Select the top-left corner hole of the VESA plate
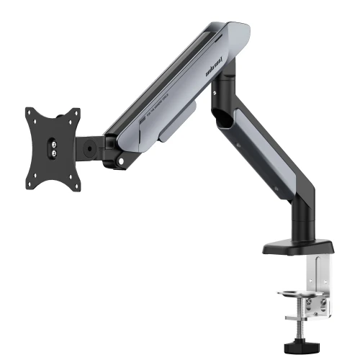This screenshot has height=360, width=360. (32, 114)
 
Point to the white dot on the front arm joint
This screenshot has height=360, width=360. (120, 152)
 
